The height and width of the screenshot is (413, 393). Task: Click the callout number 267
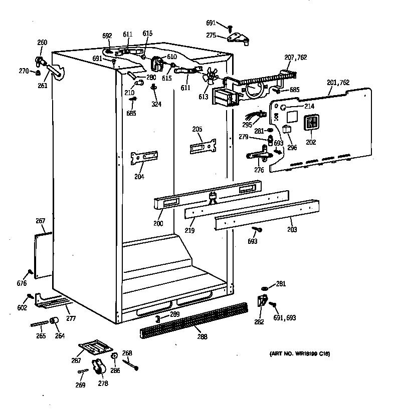coord(41,221)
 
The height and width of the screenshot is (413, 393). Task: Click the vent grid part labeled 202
coord(311,123)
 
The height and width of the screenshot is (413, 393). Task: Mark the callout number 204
coord(139,177)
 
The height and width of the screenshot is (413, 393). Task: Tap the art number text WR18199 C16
coord(300,354)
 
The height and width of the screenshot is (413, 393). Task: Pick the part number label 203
coord(292,230)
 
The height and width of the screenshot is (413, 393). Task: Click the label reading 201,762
coord(338,83)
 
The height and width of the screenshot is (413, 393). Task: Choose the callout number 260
coord(43,43)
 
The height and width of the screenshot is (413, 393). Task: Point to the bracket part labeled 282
coord(262,301)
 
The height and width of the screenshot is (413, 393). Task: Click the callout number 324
coord(156,104)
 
